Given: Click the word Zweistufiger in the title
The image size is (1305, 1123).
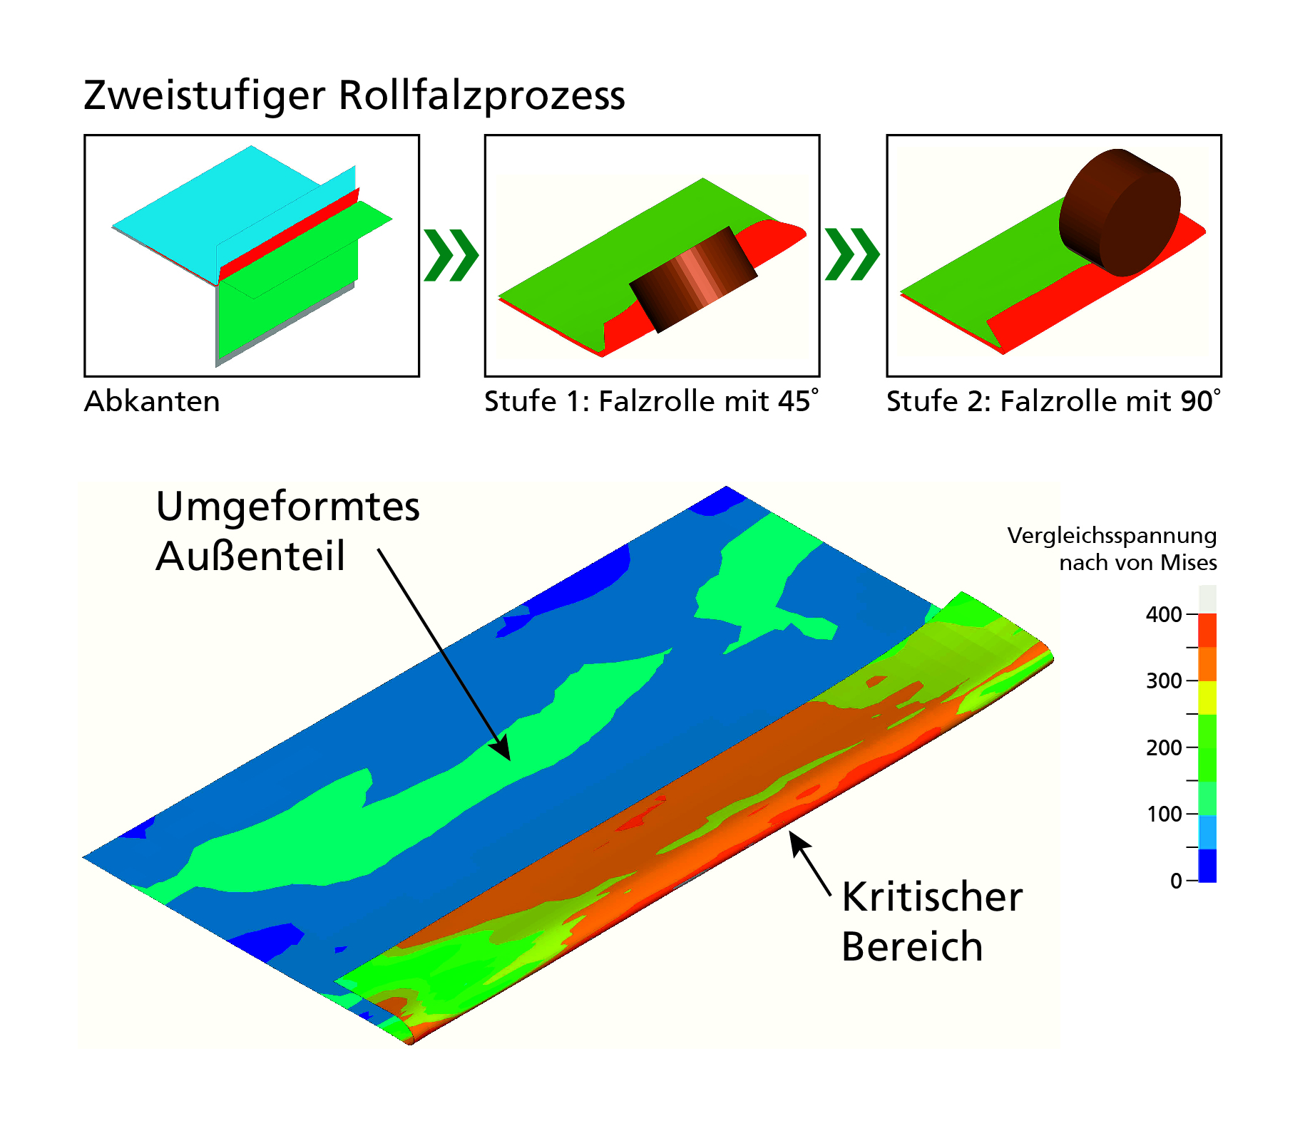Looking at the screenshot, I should click(204, 96).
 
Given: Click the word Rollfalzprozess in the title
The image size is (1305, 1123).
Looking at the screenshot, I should click(481, 96).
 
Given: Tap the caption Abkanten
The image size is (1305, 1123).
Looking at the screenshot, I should click(152, 401).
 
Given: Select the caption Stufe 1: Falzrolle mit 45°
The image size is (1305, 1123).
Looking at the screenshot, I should click(651, 401).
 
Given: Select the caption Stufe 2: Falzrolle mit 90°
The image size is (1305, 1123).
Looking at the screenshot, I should click(1053, 401).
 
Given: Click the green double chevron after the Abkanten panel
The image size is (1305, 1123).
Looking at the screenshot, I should click(451, 255).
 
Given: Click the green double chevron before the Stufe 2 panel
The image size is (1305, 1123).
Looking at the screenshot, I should click(852, 254).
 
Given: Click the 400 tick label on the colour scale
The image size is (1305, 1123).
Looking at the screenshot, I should click(1163, 614).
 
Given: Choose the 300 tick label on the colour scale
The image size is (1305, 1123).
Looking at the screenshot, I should click(1163, 680).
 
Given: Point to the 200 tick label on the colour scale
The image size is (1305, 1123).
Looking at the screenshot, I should click(1163, 747).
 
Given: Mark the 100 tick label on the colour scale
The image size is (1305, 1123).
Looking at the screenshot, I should click(1163, 814).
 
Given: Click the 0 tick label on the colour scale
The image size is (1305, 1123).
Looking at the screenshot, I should click(1176, 881).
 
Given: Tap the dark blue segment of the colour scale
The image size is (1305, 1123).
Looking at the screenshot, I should click(1207, 865).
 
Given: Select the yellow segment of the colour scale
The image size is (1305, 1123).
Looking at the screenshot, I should click(1207, 698).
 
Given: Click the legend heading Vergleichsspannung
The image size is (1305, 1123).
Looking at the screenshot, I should click(1111, 535).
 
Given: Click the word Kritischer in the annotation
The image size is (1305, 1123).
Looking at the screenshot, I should click(931, 896).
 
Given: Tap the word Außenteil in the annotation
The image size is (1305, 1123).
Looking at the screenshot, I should click(250, 556).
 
